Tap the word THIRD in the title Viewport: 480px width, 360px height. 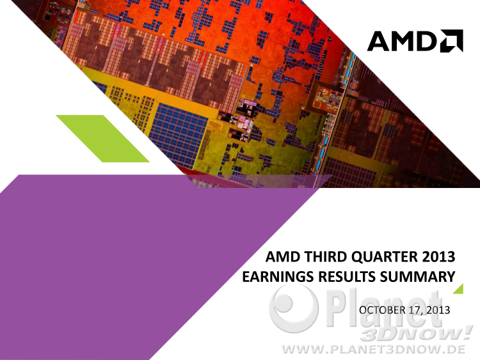(325, 256)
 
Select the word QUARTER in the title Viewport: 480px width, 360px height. (384, 257)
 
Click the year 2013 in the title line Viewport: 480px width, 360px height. (438, 256)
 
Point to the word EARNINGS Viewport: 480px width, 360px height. (278, 276)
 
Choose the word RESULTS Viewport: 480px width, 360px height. (347, 276)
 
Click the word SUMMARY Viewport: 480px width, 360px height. (417, 276)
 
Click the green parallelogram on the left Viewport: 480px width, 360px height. (103, 139)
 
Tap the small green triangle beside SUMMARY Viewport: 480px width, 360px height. (460, 290)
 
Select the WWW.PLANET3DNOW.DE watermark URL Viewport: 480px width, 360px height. (374, 349)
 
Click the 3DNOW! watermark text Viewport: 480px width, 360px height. (417, 333)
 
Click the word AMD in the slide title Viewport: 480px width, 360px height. (282, 256)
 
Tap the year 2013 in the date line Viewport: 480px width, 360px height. (438, 310)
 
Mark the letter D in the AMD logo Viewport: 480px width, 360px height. (427, 41)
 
